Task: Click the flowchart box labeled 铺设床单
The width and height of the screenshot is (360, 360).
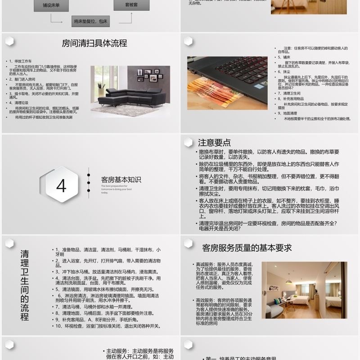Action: tap(49, 5)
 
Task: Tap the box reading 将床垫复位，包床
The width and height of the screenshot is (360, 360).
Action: tap(90, 21)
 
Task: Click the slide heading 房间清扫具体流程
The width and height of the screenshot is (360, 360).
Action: tap(94, 44)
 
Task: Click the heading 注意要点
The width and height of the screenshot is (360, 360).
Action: tap(215, 143)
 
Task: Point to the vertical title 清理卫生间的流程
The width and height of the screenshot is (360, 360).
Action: tap(25, 285)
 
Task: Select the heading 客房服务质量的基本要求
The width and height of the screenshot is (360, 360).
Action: tap(247, 247)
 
